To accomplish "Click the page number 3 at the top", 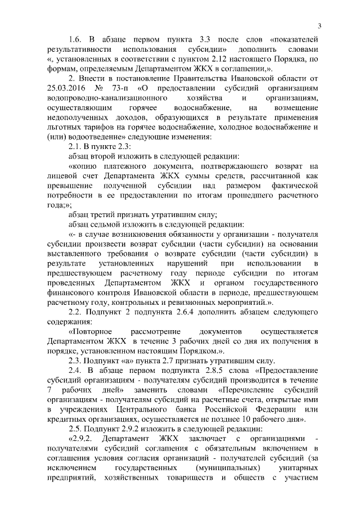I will tap(319, 25).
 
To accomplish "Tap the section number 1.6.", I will tap(75, 39).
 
